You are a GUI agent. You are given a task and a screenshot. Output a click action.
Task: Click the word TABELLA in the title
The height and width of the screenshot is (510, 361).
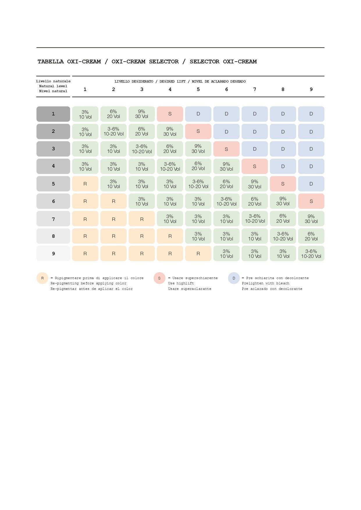pyautogui.click(x=51, y=62)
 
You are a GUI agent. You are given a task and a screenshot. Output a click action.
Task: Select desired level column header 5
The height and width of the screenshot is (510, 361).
pyautogui.click(x=198, y=90)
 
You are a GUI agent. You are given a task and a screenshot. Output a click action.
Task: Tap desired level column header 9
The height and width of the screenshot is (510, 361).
pyautogui.click(x=311, y=90)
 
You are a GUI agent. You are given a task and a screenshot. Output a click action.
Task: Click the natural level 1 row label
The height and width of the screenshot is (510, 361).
pyautogui.click(x=53, y=114)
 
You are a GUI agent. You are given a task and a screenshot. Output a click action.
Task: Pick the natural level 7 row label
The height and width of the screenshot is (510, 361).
pyautogui.click(x=53, y=219)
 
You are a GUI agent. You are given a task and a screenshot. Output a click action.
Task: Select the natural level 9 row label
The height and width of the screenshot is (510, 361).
pyautogui.click(x=53, y=254)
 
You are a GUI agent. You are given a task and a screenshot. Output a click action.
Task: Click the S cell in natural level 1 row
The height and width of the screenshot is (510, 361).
pyautogui.click(x=170, y=114)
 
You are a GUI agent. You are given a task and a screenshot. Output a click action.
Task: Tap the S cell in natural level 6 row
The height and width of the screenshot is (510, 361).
pyautogui.click(x=311, y=201)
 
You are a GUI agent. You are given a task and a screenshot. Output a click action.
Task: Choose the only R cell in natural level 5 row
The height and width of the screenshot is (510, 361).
pyautogui.click(x=85, y=184)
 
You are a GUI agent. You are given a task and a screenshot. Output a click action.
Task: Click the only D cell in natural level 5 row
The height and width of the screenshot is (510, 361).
pyautogui.click(x=311, y=184)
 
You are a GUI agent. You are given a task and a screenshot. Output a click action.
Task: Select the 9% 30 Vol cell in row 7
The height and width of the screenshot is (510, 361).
pyautogui.click(x=311, y=219)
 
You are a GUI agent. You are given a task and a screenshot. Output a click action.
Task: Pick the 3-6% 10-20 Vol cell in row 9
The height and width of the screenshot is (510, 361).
pyautogui.click(x=311, y=254)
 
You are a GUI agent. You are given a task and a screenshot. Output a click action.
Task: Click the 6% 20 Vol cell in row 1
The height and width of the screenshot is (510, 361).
pyautogui.click(x=113, y=114)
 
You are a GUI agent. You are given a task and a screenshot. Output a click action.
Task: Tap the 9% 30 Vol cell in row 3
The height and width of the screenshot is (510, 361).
pyautogui.click(x=198, y=149)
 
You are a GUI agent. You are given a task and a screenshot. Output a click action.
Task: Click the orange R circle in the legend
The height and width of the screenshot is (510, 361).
pyautogui.click(x=42, y=278)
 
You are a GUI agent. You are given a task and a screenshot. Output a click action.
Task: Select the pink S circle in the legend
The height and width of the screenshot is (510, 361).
pyautogui.click(x=159, y=278)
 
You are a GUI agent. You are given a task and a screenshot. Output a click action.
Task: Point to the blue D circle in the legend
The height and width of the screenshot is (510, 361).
pyautogui.click(x=234, y=278)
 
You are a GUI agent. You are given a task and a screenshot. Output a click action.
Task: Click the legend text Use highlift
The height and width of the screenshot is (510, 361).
pyautogui.click(x=181, y=283)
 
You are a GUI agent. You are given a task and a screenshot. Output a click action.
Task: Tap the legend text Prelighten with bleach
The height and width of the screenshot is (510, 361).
pyautogui.click(x=265, y=283)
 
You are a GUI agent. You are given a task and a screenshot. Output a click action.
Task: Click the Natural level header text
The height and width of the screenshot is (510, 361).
pyautogui.click(x=53, y=86)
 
